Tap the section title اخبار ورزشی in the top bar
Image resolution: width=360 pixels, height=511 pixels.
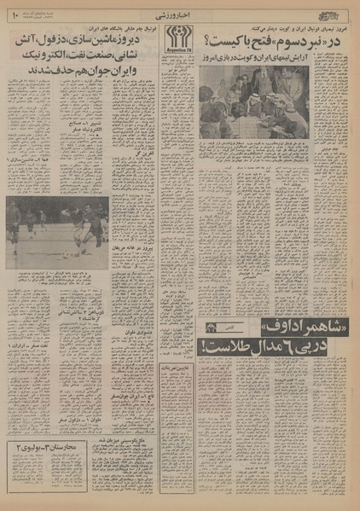(181, 15)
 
